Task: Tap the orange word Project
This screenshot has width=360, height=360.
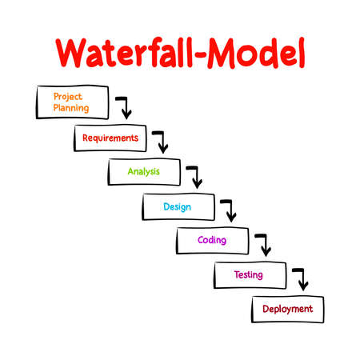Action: (68, 96)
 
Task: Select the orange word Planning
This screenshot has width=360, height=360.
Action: (71, 108)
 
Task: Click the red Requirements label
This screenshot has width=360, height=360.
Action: (110, 138)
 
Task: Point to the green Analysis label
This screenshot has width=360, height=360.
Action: (144, 171)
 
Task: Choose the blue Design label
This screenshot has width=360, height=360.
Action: (177, 206)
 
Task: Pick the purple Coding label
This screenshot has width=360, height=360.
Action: (212, 240)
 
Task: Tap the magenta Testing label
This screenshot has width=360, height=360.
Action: (248, 275)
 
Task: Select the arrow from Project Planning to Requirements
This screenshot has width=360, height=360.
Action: (124, 106)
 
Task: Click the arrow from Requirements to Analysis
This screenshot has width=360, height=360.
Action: (161, 140)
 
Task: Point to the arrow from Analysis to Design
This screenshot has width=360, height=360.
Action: (194, 174)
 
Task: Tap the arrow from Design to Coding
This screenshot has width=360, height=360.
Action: (229, 210)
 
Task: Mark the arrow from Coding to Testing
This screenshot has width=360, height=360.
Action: (262, 244)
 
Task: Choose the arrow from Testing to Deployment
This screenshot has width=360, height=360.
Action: (299, 278)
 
